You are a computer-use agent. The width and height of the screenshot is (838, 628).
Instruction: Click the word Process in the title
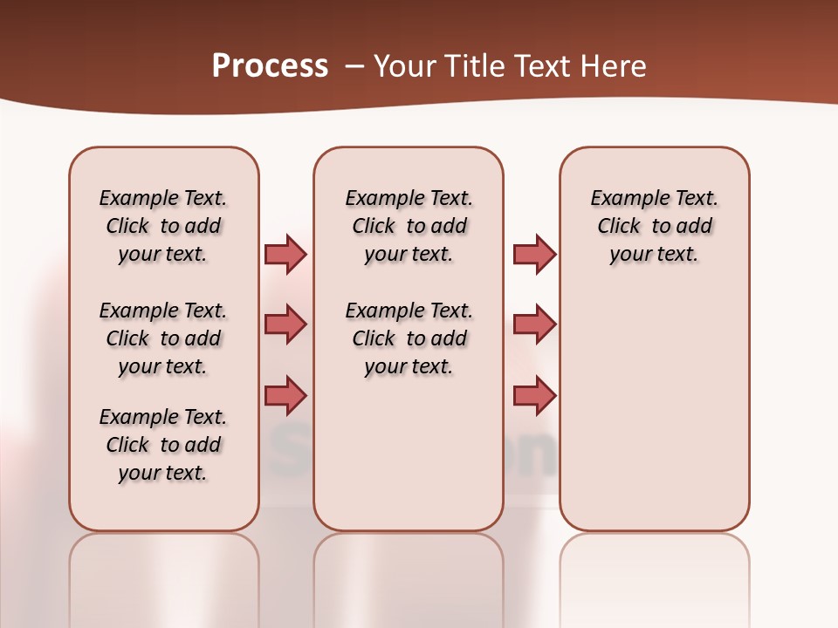[x=270, y=66]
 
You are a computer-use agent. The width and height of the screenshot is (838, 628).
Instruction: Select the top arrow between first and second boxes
[x=285, y=254]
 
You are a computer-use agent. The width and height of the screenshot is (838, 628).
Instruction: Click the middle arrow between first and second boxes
[x=285, y=324]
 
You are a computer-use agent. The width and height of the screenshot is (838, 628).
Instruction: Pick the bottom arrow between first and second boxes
[x=285, y=396]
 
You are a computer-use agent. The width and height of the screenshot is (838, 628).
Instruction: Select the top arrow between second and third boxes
[x=534, y=254]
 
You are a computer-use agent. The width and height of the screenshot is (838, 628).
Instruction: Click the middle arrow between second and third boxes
[x=534, y=324]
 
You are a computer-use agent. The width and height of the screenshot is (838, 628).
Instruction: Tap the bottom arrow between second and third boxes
[x=534, y=396]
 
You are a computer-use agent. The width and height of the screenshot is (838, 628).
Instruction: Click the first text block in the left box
[x=163, y=226]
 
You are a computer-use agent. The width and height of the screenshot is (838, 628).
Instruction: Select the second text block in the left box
[x=163, y=338]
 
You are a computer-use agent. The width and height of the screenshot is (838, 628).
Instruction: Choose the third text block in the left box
[x=163, y=445]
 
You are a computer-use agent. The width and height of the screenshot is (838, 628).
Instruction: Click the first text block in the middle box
[x=409, y=226]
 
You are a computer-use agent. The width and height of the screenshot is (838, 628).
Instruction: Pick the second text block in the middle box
[x=409, y=338]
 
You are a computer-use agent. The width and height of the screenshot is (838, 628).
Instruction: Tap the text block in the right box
[x=655, y=226]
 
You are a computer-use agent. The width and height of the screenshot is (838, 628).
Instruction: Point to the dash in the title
[x=354, y=66]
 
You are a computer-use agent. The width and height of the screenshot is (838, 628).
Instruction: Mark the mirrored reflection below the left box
[x=164, y=576]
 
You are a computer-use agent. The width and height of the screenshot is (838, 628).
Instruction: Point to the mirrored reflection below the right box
[x=655, y=576]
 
